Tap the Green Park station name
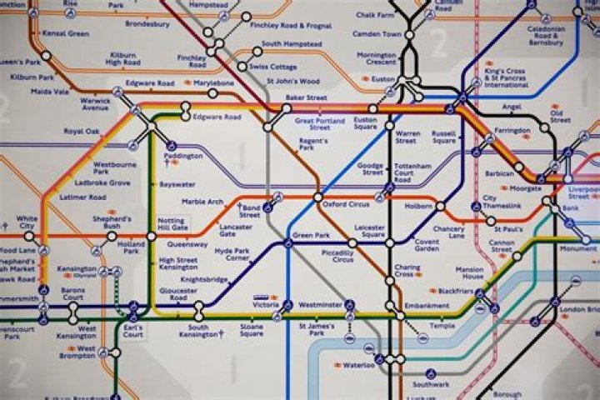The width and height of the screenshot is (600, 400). (x=311, y=236)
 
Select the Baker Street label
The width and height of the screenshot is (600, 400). (x=306, y=97)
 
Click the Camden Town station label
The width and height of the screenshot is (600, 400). (x=379, y=34)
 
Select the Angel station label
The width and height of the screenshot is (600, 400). (x=512, y=107)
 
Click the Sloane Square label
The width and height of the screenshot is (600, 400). (x=252, y=330)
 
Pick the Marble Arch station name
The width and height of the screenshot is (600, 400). (x=203, y=202)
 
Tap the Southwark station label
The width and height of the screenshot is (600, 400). (x=430, y=384)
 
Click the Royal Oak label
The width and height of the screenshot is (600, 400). (x=82, y=131)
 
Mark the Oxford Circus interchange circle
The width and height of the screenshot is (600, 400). (x=317, y=197)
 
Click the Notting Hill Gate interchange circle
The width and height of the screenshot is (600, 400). (x=151, y=237)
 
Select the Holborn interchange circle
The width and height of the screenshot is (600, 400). (x=439, y=204)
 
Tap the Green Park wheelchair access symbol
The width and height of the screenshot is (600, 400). (x=287, y=242)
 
